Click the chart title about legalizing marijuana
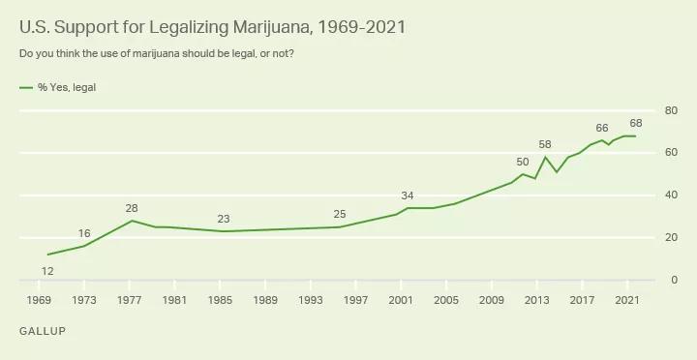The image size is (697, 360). pos(212,26)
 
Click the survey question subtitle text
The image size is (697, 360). pos(157,52)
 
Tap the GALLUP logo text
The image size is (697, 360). pos(42,331)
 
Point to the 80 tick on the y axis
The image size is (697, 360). pos(669,110)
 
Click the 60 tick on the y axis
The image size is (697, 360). pos(669,153)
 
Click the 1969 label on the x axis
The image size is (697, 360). pos(40,300)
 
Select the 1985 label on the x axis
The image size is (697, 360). pos(220,300)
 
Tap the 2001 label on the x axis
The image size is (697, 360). pos(401,300)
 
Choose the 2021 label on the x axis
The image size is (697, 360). pos(626,300)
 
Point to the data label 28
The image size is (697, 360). pos(133,208)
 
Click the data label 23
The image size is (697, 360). pos(224,218)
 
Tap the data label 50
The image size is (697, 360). pos(523,162)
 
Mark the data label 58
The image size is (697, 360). pos(545,144)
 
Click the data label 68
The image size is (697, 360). pos(635,123)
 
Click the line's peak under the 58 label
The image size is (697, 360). pos(545,157)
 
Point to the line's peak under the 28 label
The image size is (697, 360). pos(133,221)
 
